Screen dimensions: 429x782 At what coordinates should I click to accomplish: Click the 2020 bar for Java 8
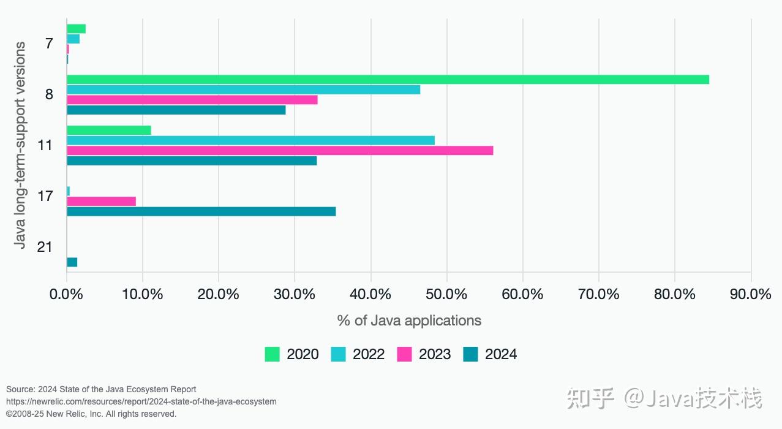388,79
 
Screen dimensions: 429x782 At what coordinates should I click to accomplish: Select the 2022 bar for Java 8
243,89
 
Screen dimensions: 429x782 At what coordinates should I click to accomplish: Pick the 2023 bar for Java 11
280,150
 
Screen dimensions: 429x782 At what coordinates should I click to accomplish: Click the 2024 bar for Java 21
72,262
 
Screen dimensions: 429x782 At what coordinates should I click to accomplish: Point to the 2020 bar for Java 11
108,130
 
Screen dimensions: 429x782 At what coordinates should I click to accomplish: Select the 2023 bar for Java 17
101,201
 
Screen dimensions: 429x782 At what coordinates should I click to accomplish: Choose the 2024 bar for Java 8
176,110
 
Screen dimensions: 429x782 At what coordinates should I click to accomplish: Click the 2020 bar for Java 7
76,29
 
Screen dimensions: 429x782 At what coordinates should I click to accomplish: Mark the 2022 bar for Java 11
250,140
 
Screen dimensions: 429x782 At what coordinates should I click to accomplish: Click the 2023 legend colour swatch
404,354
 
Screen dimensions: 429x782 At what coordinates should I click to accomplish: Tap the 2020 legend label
303,354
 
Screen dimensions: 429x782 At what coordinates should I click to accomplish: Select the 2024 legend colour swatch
470,354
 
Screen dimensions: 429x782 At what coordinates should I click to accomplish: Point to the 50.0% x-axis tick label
447,294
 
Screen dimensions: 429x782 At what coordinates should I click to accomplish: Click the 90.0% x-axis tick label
751,294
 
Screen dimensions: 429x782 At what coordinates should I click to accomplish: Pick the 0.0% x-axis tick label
67,294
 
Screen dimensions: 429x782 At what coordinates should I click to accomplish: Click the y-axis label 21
44,247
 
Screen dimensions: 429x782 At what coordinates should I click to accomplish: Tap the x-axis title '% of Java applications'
409,321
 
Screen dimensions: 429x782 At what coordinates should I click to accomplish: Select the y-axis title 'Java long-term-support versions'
20,145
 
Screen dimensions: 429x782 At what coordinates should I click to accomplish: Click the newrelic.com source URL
141,401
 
